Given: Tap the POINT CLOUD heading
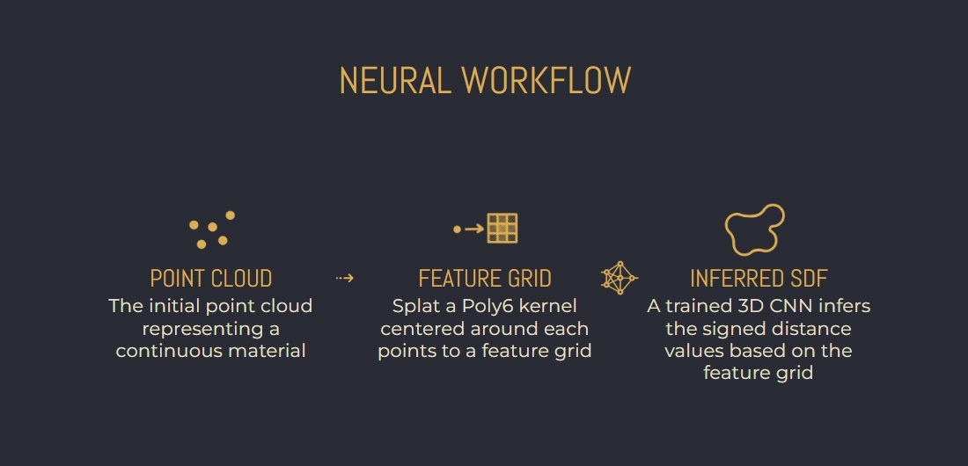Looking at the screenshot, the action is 211,279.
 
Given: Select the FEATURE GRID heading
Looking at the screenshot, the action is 485,279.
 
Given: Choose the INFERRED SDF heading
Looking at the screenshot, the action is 758,279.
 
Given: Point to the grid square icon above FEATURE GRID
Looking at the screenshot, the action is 502,229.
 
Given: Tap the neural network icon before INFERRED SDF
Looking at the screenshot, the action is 620,278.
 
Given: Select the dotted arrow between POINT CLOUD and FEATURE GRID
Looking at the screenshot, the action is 344,279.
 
